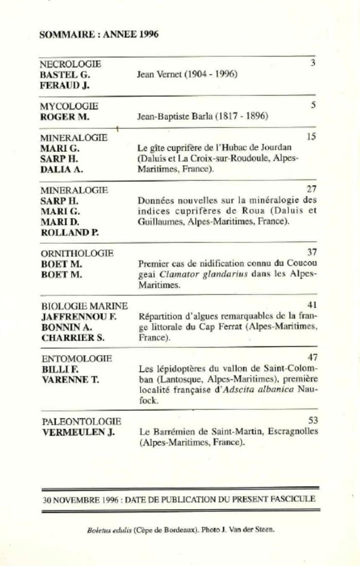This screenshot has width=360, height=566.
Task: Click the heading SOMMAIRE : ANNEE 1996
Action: (x=99, y=34)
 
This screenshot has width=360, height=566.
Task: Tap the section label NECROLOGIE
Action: (x=70, y=64)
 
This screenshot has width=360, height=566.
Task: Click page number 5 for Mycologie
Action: (x=313, y=105)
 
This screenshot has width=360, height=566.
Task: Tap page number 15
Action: (x=311, y=137)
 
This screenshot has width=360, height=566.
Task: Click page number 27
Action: (x=311, y=189)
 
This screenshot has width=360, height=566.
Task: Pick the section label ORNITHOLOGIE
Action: (x=77, y=253)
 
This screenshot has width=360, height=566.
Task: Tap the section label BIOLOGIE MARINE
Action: (x=84, y=306)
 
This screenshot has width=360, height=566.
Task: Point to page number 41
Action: (x=312, y=305)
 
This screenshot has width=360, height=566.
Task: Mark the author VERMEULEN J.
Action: (x=78, y=432)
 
